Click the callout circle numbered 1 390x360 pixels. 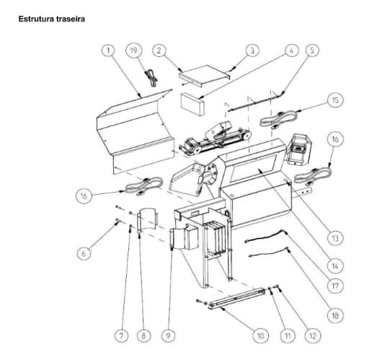(108, 51)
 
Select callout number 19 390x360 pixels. (134, 51)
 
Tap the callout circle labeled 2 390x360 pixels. (159, 51)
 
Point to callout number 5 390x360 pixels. (312, 51)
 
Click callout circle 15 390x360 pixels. (335, 100)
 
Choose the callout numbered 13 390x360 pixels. (335, 238)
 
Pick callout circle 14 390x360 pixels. (335, 266)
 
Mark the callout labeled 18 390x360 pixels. (335, 315)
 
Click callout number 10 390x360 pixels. (260, 336)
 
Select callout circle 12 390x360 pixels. (313, 336)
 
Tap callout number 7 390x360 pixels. (121, 336)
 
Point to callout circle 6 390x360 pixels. (84, 253)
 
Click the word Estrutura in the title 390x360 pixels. (36, 19)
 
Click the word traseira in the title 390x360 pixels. (71, 19)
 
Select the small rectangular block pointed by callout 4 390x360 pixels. (192, 104)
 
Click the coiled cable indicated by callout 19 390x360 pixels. (151, 78)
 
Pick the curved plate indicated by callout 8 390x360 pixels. (148, 220)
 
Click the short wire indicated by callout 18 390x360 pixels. (269, 253)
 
